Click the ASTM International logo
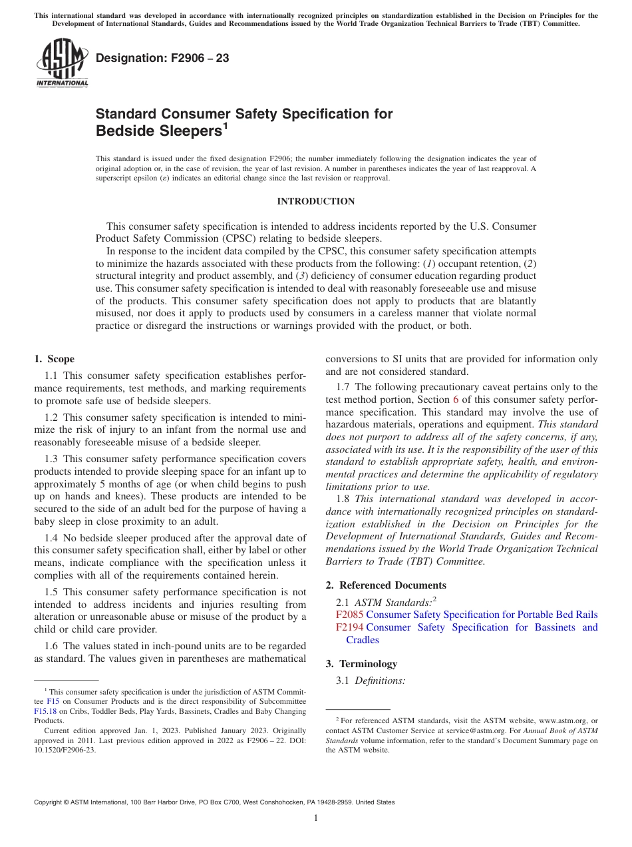[62, 63]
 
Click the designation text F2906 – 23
[162, 59]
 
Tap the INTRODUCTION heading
[315, 201]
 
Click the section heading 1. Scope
[55, 359]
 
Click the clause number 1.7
[344, 387]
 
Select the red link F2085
[349, 615]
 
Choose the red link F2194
[349, 627]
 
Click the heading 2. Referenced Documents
[386, 585]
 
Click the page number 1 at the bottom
[316, 818]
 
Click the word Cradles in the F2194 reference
[363, 640]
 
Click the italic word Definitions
[380, 681]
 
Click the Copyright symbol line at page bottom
[214, 802]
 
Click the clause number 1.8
[344, 499]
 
